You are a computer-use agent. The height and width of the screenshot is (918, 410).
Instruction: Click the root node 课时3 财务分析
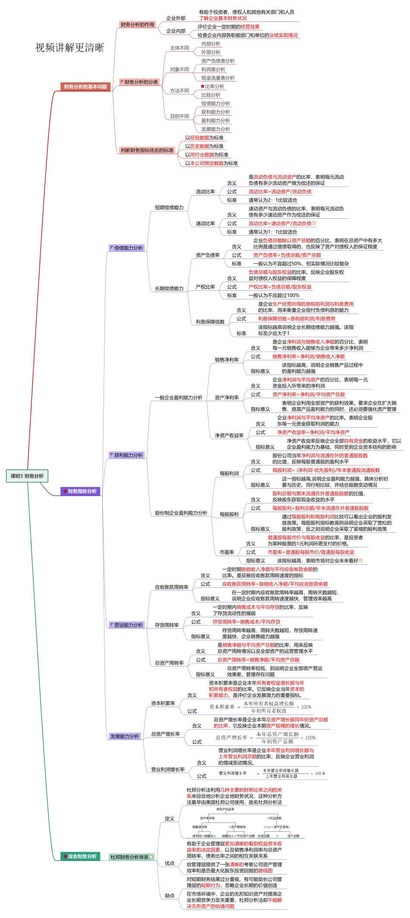click(x=27, y=476)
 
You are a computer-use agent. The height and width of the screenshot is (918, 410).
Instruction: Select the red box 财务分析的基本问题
click(x=85, y=87)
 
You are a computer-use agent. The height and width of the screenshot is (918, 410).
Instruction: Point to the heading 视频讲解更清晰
click(x=69, y=47)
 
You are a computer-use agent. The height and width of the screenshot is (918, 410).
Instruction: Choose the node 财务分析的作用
click(x=137, y=25)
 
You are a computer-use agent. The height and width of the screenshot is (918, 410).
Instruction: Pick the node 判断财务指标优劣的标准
click(x=147, y=150)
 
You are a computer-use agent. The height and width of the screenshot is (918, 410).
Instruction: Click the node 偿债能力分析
click(x=128, y=248)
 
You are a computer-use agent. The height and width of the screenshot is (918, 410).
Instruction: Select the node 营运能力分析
click(x=128, y=625)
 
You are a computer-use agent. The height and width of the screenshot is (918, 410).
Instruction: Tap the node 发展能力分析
click(x=124, y=736)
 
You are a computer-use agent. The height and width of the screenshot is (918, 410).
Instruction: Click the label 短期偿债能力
click(x=169, y=207)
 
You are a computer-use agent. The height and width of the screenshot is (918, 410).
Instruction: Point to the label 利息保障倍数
click(x=210, y=321)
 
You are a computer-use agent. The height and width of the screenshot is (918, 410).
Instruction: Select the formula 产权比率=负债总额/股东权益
click(x=280, y=287)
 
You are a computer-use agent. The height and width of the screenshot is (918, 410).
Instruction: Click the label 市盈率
click(x=227, y=552)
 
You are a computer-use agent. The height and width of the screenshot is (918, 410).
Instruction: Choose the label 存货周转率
click(x=167, y=625)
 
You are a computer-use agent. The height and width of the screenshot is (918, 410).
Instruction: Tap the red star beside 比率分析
click(x=202, y=86)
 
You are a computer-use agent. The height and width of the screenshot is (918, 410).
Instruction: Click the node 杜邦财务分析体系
click(x=129, y=857)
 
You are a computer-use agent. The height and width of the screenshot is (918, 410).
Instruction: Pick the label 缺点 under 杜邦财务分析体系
click(x=170, y=895)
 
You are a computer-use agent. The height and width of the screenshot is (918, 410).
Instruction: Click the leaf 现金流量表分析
click(x=218, y=78)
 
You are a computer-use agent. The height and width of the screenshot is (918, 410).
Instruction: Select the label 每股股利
click(x=229, y=514)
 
